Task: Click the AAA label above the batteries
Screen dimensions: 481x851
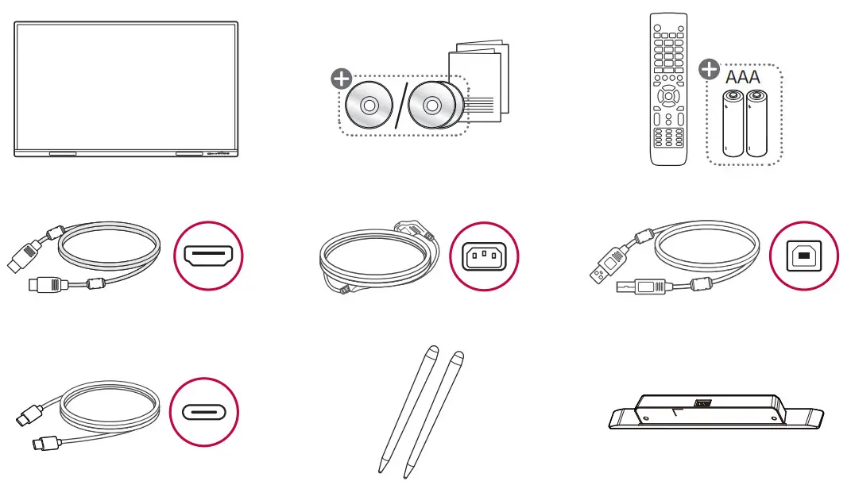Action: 743,77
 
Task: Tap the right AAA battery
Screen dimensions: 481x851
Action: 755,123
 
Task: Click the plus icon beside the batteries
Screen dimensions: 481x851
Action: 708,70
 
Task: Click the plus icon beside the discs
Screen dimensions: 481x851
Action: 341,79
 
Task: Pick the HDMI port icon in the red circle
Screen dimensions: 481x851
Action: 207,256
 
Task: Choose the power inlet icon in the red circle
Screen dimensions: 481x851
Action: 484,256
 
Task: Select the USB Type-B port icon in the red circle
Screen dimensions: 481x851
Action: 804,256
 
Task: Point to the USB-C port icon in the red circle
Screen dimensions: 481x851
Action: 203,413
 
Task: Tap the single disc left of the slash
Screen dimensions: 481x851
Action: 369,106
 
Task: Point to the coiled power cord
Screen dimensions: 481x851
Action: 373,258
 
